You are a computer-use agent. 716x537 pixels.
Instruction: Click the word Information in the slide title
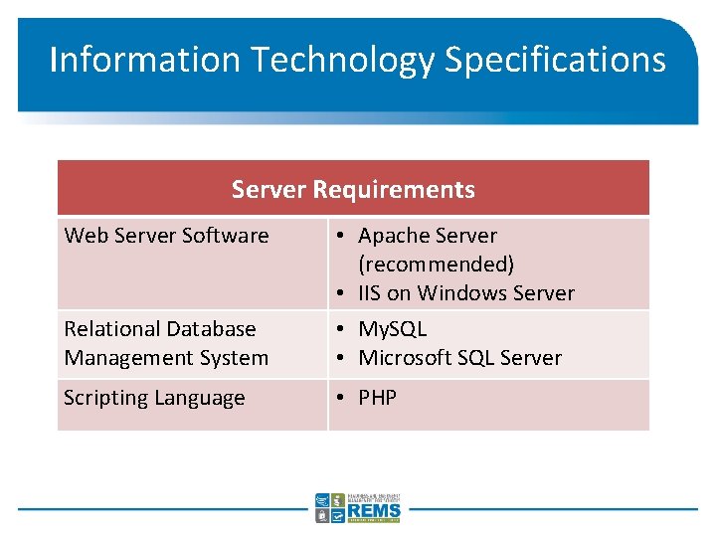[x=145, y=60]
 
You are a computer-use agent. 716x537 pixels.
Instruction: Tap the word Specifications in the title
[x=555, y=60]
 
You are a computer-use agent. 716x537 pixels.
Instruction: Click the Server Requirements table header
[x=353, y=189]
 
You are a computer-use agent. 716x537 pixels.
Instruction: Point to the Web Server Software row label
[x=166, y=236]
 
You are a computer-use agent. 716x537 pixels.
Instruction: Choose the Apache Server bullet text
[x=428, y=236]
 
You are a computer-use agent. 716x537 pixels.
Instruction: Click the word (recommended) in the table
[x=437, y=265]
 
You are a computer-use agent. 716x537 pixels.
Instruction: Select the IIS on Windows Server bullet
[x=465, y=293]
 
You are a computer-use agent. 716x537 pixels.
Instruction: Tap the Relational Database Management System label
[x=166, y=343]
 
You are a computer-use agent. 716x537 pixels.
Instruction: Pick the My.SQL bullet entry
[x=392, y=329]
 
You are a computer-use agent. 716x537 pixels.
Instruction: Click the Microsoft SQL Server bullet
[x=459, y=358]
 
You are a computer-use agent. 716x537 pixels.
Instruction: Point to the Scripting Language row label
[x=154, y=398]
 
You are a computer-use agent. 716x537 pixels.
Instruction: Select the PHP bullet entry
[x=378, y=398]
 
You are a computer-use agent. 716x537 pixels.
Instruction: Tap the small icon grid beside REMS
[x=330, y=507]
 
